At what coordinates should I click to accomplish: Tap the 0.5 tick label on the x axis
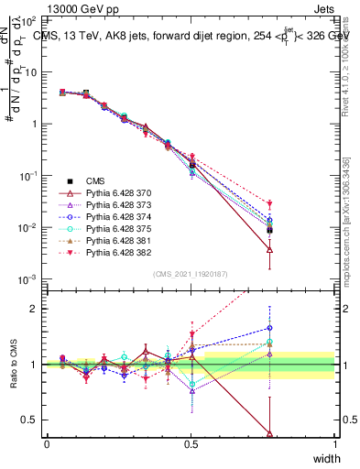click(x=191, y=443)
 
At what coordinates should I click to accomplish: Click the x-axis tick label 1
click(x=334, y=443)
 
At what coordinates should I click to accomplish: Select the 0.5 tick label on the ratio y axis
click(x=33, y=420)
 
